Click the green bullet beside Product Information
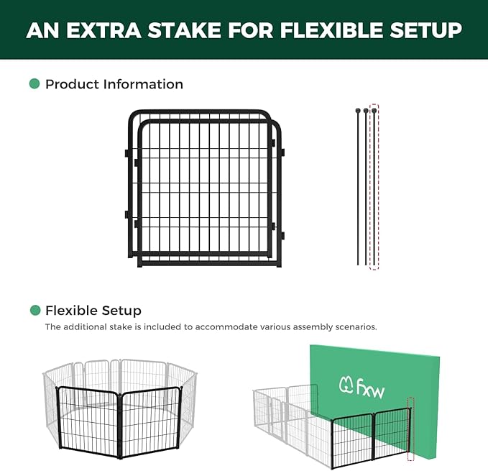point(34,84)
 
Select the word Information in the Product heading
point(143,84)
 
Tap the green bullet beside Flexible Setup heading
point(34,311)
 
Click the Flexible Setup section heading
point(93,311)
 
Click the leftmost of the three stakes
point(357,187)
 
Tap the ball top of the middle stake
point(366,111)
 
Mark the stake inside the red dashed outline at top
point(374,187)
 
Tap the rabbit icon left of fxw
point(346,387)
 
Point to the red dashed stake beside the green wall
point(411,429)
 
